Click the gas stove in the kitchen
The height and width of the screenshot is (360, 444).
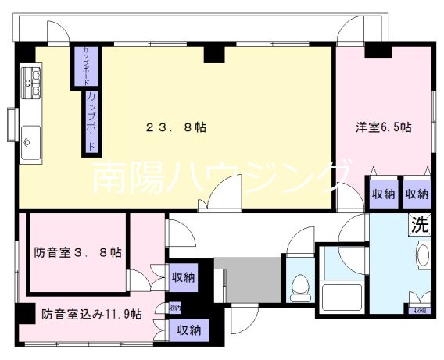(34, 82)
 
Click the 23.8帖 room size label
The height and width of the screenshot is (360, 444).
(177, 127)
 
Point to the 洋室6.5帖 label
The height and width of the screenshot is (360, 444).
(385, 127)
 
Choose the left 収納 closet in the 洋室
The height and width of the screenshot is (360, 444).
(382, 193)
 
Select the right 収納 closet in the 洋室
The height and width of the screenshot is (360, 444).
(417, 193)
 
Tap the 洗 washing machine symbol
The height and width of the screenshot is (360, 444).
(420, 226)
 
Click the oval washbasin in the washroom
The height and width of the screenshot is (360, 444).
(424, 257)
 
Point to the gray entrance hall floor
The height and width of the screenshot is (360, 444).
(248, 280)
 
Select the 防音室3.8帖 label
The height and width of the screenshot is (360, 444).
(77, 252)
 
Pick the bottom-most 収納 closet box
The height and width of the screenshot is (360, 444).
(189, 330)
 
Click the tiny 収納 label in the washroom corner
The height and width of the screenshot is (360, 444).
(420, 310)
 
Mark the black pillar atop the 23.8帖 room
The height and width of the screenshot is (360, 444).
(213, 53)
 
